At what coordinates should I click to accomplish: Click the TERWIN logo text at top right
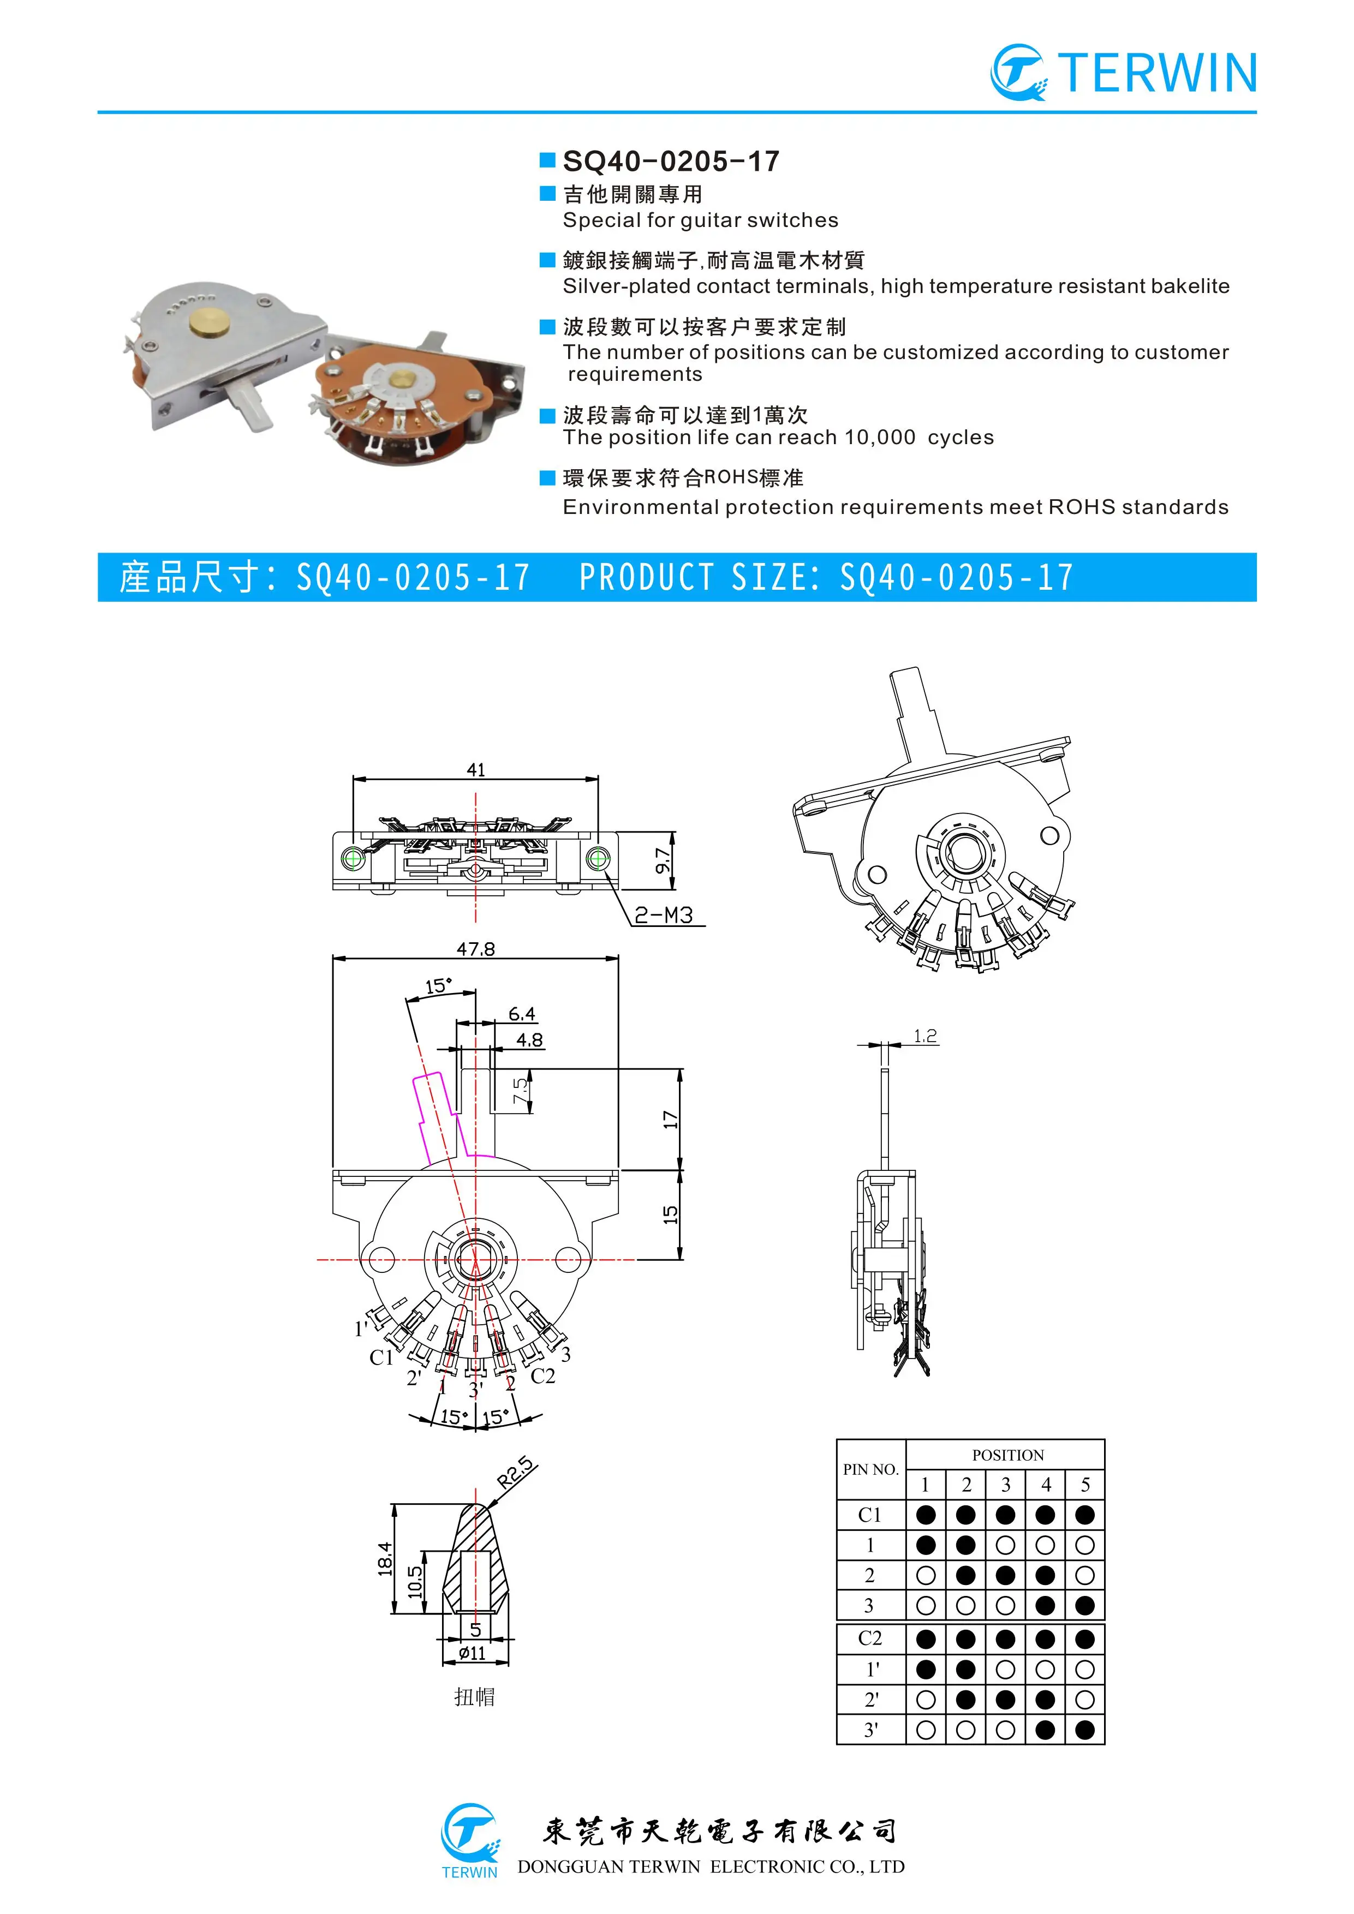tap(1159, 73)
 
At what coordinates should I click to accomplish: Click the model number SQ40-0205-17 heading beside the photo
tap(671, 161)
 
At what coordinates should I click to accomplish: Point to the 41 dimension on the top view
tap(476, 769)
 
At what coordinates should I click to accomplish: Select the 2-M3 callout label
tap(664, 916)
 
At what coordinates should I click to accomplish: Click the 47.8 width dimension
tap(475, 949)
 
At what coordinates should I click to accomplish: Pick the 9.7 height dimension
tap(663, 860)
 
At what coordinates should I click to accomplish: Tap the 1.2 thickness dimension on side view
tap(926, 1036)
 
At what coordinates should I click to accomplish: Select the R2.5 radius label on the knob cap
tap(517, 1474)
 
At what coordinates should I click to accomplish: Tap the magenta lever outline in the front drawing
tap(433, 1117)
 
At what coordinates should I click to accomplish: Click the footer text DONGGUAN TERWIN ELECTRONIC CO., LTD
tap(711, 1867)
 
